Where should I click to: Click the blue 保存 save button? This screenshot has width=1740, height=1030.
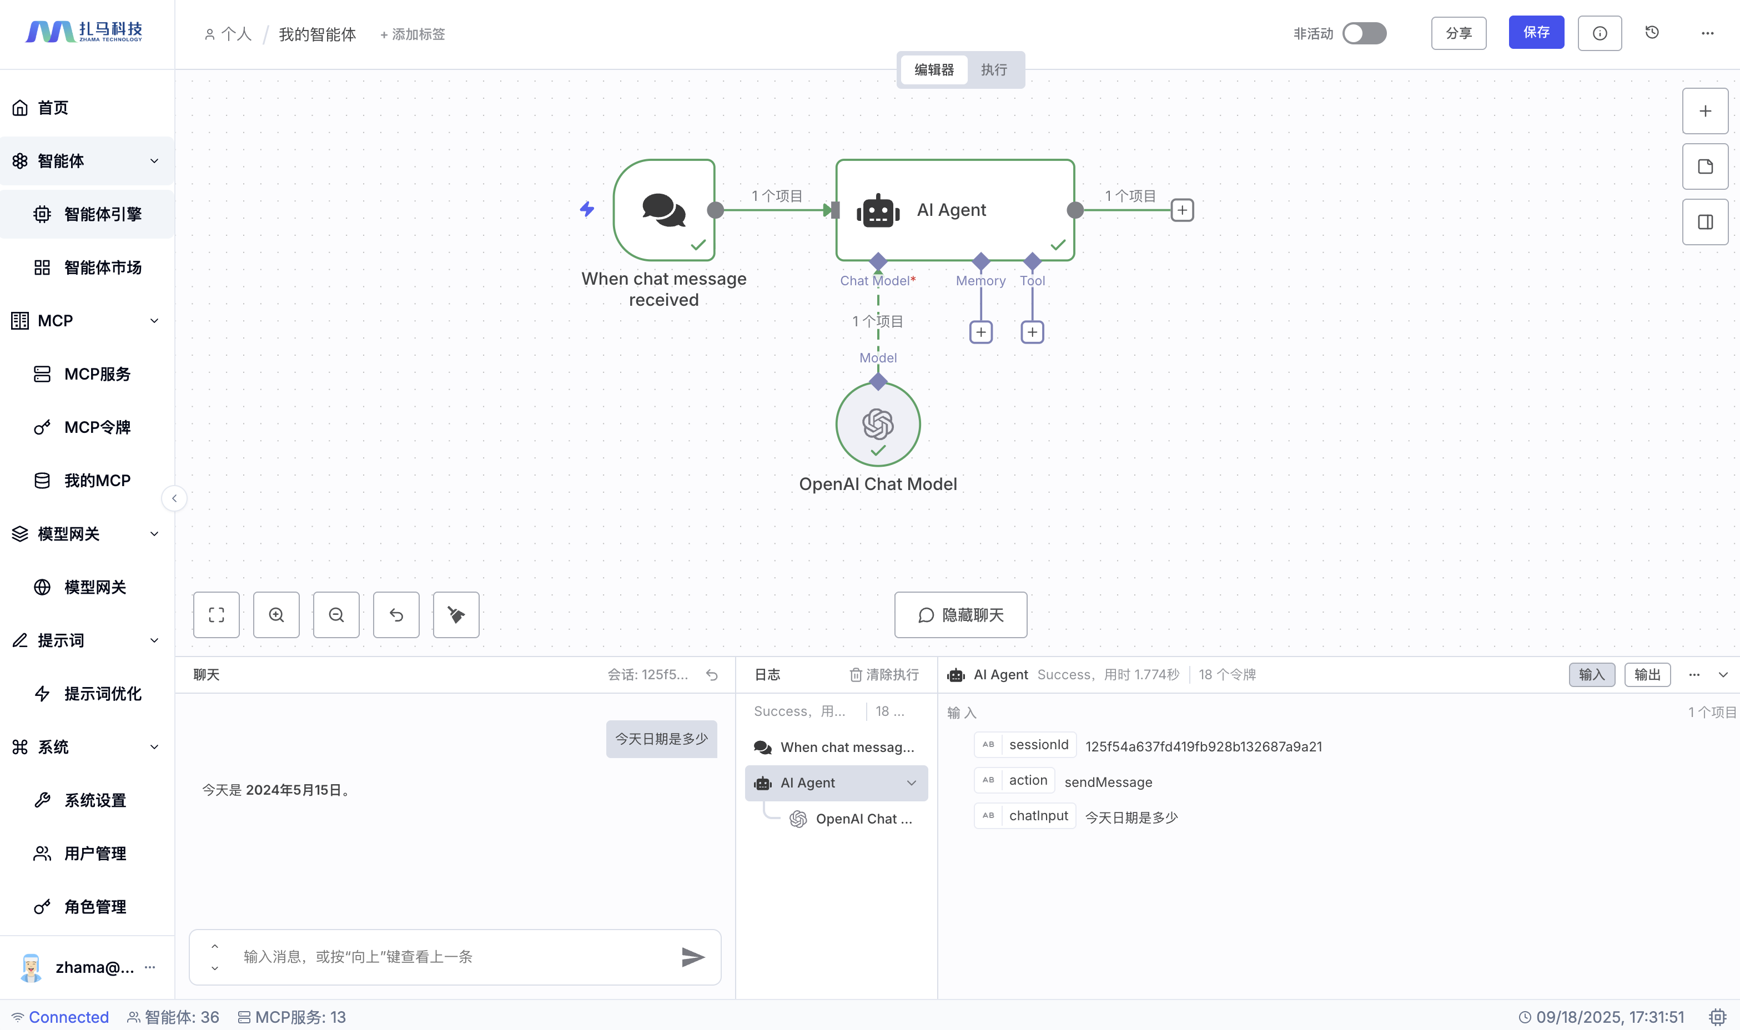click(x=1535, y=33)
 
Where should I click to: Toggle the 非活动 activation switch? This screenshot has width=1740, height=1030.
click(x=1364, y=33)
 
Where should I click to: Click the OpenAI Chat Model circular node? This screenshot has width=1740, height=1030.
click(x=878, y=424)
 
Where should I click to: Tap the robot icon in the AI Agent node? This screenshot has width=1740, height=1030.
click(x=878, y=210)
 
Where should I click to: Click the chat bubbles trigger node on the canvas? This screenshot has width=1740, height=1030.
click(x=664, y=210)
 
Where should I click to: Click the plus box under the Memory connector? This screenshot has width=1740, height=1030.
click(x=980, y=332)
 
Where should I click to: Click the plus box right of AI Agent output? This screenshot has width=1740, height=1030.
click(x=1182, y=210)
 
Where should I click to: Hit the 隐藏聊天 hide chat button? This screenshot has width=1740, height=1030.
click(x=960, y=615)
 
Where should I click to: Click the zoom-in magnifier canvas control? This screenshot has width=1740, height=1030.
click(x=276, y=615)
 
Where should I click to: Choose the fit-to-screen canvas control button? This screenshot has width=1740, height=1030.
click(x=217, y=615)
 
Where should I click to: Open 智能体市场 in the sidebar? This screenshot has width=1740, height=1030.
click(x=103, y=268)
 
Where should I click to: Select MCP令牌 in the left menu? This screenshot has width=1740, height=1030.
click(x=97, y=427)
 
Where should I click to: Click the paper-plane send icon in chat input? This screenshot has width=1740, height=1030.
click(x=692, y=957)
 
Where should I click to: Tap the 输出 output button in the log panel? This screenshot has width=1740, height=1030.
click(x=1646, y=675)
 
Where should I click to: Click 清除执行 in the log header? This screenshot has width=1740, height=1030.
click(x=884, y=675)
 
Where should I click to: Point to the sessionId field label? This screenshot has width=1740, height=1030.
click(x=1038, y=745)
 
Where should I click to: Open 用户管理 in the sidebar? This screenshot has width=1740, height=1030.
click(x=95, y=854)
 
